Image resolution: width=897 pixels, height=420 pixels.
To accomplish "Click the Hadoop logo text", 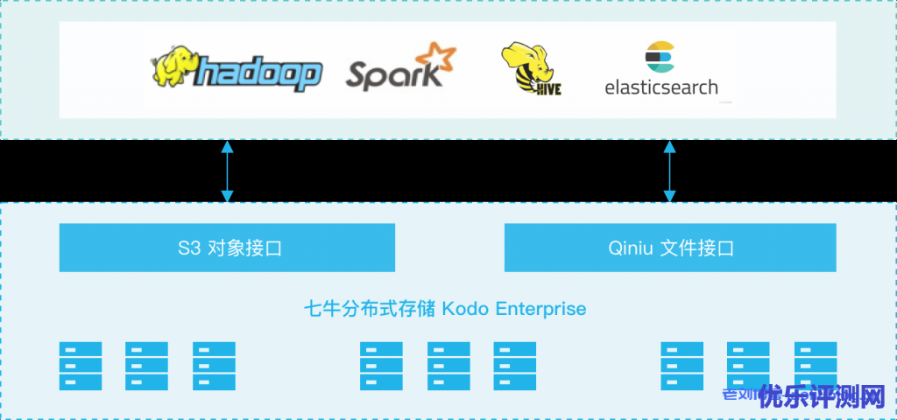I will point(258,73).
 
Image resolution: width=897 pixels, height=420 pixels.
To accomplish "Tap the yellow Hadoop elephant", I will point(173,68).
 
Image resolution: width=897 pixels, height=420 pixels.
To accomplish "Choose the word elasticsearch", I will point(661,87).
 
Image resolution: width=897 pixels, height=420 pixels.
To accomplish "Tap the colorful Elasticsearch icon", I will point(659,57).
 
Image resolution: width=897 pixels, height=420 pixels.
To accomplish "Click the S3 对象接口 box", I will point(227,248).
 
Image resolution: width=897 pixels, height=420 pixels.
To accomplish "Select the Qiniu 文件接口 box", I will point(670,248).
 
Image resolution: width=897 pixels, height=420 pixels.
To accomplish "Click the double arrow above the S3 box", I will point(228,171).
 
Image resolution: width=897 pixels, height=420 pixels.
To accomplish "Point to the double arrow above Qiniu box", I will point(670,171).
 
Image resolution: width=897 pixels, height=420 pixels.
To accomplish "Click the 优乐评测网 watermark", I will point(822,397).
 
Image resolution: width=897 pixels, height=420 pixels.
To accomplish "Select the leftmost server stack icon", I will point(81,366).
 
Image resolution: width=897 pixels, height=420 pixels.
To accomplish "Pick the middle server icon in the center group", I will point(448,366).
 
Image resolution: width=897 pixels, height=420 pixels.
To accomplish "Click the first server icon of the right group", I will point(682,366).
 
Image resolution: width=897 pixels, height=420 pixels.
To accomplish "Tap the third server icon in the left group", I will point(214,366).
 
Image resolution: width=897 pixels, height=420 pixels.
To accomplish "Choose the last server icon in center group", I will point(515,366).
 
